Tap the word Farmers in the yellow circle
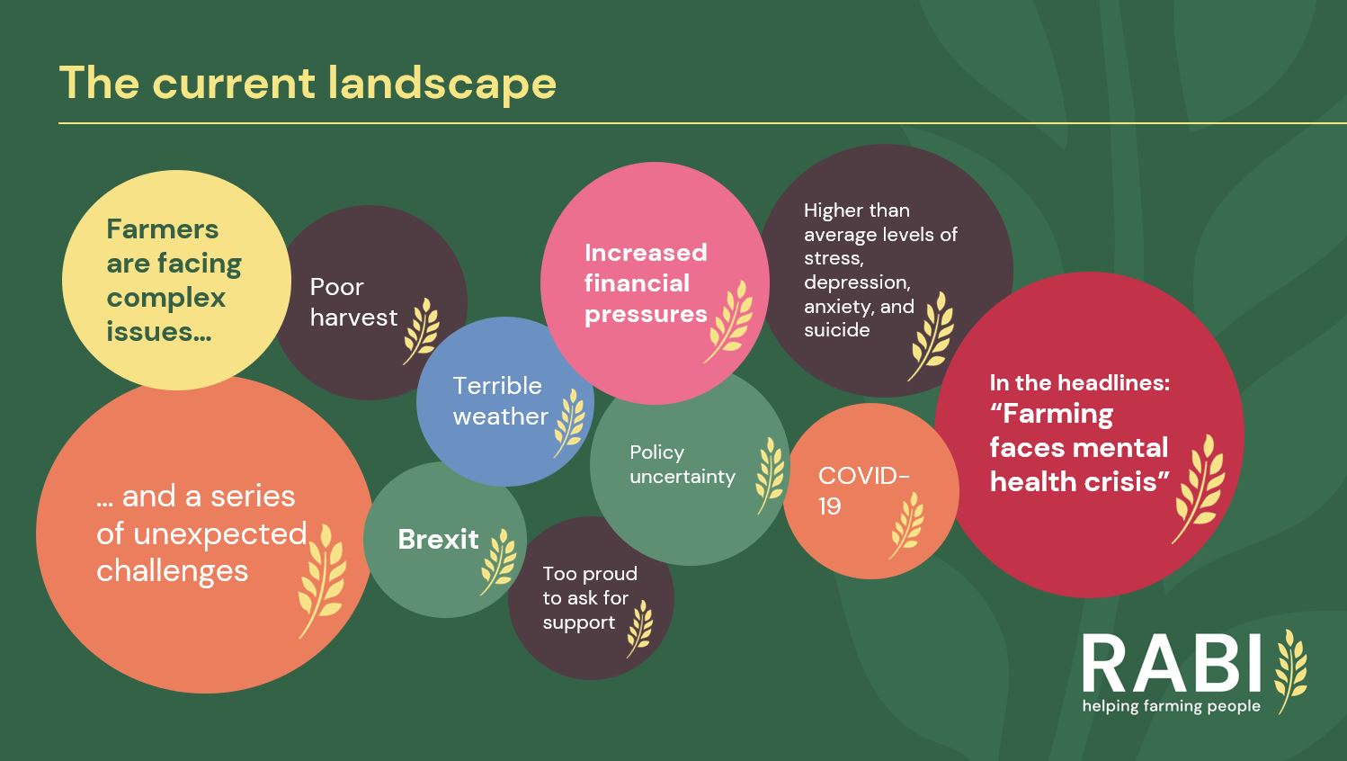coord(163,229)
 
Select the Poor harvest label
coord(353,302)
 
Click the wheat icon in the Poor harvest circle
coord(421,331)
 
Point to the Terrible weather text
coord(500,400)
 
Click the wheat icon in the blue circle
coord(569,423)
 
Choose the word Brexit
coord(439,540)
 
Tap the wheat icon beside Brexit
coord(498,562)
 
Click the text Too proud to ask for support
coord(590,598)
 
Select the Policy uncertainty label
coord(682,464)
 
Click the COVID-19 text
coord(863,491)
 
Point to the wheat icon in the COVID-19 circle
coord(906,525)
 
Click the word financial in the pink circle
coord(637,283)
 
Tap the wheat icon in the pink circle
coord(729,322)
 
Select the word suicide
coord(836,329)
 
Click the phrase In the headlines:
coord(1080,382)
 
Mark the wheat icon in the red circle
coord(1199,489)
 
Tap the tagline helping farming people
coord(1172,706)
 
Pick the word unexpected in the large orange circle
coord(220,534)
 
